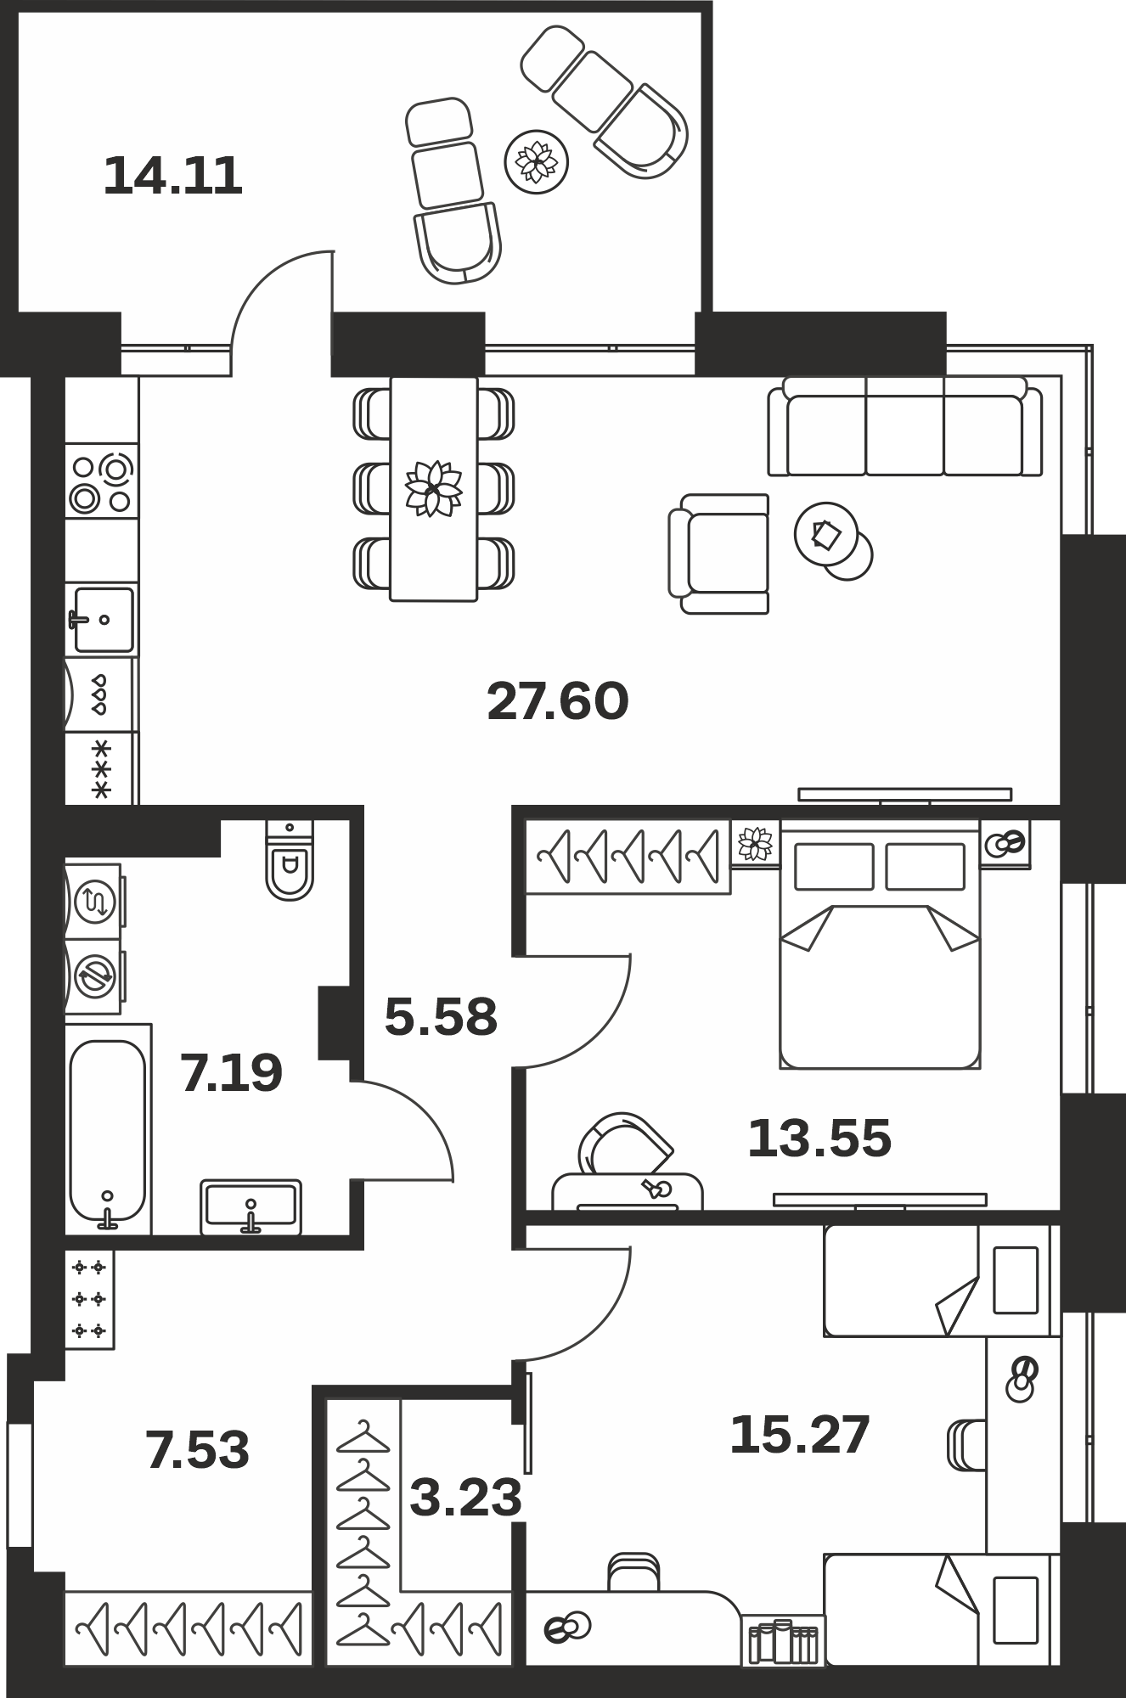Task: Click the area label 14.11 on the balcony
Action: click(173, 177)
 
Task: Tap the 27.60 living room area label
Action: click(558, 701)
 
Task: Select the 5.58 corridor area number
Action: click(441, 1017)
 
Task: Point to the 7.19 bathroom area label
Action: click(231, 1073)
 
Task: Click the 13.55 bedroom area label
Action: click(819, 1139)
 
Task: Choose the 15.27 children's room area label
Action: click(800, 1434)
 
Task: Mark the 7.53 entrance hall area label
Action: click(198, 1449)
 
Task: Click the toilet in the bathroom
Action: click(290, 859)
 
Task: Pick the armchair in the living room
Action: click(719, 554)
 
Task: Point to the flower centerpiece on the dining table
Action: click(434, 488)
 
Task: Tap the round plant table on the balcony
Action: click(537, 161)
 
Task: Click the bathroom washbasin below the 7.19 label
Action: click(251, 1206)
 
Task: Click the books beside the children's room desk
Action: click(783, 1641)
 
